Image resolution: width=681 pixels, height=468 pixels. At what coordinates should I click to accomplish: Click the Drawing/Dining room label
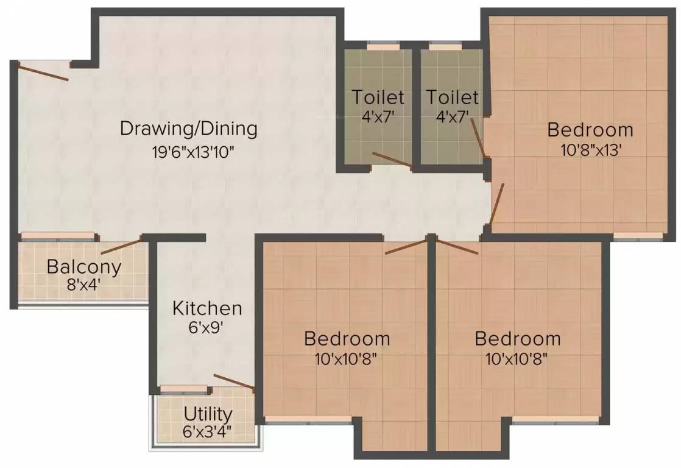click(189, 129)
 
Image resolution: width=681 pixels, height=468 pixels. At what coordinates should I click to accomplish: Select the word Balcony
click(84, 267)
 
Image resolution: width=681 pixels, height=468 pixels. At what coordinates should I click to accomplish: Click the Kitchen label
click(207, 308)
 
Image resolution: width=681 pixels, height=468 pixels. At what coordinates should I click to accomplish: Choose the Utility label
click(208, 414)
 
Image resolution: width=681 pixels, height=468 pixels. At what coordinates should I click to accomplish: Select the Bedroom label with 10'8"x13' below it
click(590, 130)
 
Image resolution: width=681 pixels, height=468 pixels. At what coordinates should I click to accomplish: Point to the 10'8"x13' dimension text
click(590, 149)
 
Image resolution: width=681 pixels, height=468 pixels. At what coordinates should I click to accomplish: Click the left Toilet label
click(378, 97)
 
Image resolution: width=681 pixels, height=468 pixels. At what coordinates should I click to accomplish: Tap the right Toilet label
click(452, 97)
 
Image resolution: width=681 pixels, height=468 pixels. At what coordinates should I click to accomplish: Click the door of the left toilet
click(392, 159)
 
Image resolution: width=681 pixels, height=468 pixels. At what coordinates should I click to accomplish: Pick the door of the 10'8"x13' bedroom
click(497, 204)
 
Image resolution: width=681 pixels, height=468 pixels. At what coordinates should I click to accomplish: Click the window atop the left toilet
click(383, 46)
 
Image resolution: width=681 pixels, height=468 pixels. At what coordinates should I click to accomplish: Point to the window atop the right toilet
click(445, 46)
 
